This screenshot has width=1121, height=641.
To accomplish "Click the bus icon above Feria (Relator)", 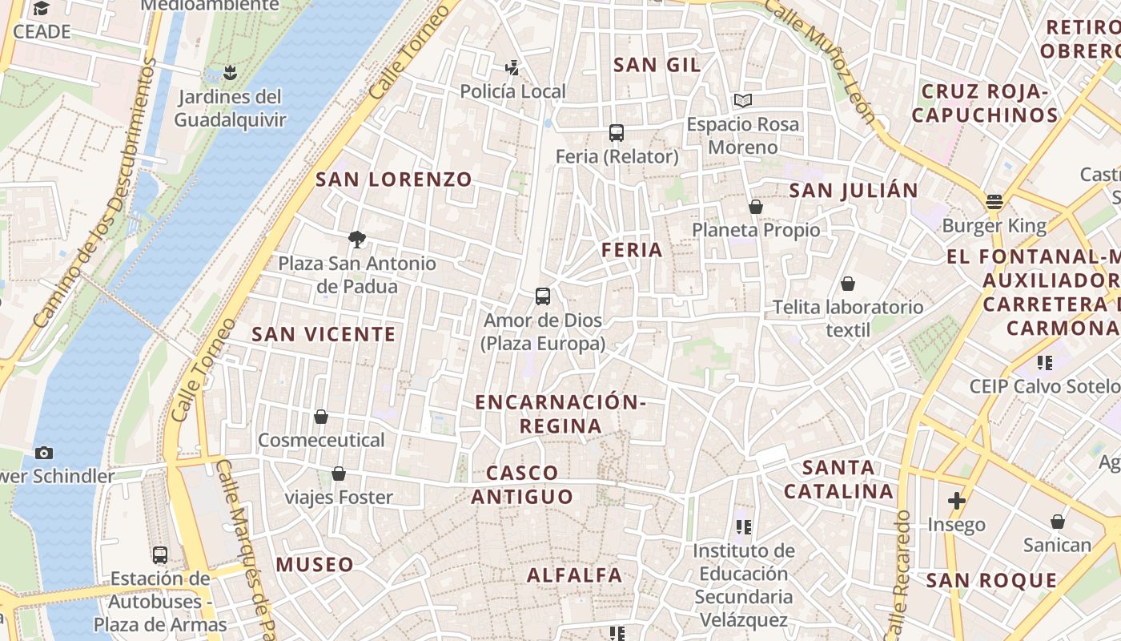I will tap(616, 133).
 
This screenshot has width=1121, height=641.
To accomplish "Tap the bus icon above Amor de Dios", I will tap(543, 296).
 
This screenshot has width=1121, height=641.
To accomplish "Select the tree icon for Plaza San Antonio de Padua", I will tap(357, 239).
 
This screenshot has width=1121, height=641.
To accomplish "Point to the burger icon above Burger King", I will tap(994, 202).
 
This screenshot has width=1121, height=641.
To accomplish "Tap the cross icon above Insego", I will tap(956, 501).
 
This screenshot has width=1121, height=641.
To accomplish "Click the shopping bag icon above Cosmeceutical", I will tap(321, 417).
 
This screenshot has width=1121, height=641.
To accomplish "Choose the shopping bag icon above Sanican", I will tap(1058, 522).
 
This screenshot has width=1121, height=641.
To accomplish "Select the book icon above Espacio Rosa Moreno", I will tap(743, 101).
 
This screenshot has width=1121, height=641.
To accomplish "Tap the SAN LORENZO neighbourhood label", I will tap(394, 179).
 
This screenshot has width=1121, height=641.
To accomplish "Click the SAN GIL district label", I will tap(657, 65).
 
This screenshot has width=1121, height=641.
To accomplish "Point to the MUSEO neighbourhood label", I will tap(315, 564).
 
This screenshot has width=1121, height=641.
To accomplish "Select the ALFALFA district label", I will tap(574, 574).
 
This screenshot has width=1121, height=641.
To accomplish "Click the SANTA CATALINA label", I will tap(838, 479).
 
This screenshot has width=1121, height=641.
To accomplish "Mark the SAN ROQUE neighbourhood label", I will tap(991, 580).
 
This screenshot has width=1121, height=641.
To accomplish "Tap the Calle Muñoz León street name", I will tap(823, 60).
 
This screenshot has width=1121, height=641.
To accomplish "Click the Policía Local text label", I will tap(512, 91).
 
